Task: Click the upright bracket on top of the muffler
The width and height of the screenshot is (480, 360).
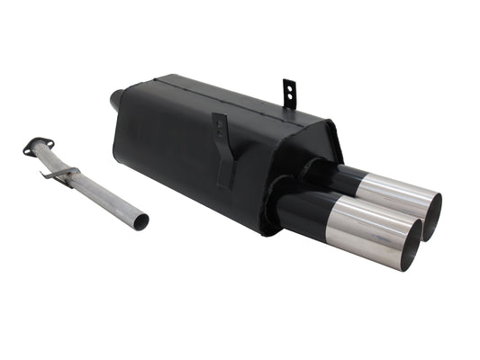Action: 289,94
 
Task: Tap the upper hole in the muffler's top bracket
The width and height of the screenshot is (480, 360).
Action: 289,86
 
